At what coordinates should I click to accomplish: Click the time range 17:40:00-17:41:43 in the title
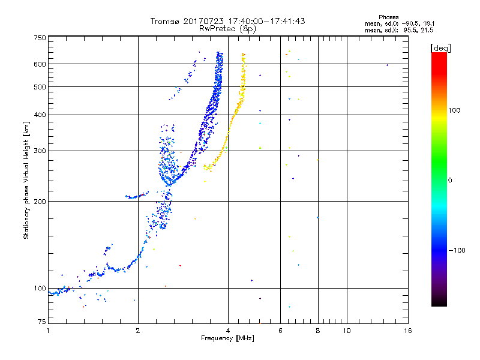point(266,21)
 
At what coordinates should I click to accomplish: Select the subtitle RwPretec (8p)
point(227,29)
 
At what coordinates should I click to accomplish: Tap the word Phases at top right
point(388,17)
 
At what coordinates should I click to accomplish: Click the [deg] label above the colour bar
point(440,49)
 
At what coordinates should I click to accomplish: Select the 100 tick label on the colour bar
point(454,110)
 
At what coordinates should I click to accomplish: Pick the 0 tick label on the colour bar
point(449,181)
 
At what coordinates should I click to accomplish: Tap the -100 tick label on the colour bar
point(457,250)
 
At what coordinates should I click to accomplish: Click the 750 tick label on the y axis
point(40,38)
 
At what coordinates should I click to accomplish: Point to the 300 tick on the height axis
point(40,151)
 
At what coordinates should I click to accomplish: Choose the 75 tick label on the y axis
point(42,322)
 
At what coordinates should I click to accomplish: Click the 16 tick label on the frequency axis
point(408,331)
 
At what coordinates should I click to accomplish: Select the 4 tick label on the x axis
point(228,331)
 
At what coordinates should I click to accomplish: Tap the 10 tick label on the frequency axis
point(347,331)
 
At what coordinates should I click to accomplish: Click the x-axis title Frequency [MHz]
point(227,338)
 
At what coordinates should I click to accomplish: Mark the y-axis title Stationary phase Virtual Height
point(26,180)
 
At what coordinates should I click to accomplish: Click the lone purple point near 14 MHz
point(387,65)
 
